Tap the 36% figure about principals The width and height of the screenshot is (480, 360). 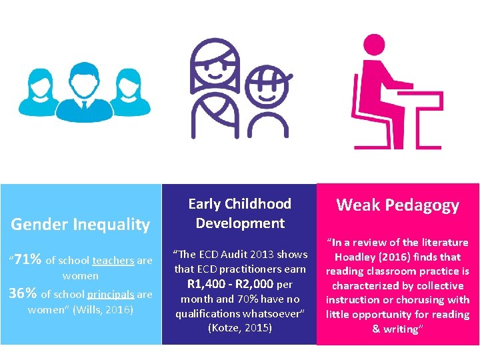(22, 293)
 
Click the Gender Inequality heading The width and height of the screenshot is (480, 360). (80, 224)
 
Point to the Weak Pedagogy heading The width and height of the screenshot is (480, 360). (397, 205)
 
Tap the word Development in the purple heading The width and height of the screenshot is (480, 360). (240, 223)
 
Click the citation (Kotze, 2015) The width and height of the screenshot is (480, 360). (240, 328)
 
